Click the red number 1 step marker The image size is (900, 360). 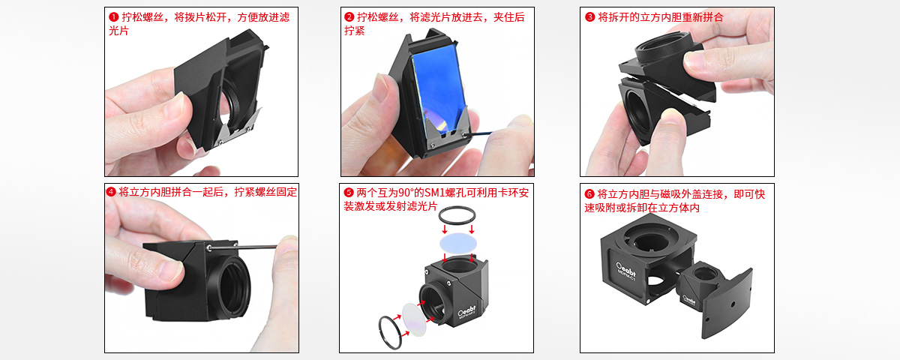(x=114, y=17)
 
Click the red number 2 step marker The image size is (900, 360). (x=349, y=17)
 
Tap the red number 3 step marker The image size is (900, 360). (x=589, y=17)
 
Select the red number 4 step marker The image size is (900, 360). (x=111, y=192)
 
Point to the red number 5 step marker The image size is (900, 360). (x=348, y=193)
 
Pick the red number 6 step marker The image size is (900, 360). (x=589, y=194)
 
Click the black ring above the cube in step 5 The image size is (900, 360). (x=457, y=209)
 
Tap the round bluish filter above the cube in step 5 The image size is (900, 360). (x=458, y=243)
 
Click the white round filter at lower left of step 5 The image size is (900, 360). (x=414, y=319)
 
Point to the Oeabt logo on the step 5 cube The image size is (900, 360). (x=466, y=311)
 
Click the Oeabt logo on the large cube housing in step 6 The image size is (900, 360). (x=626, y=269)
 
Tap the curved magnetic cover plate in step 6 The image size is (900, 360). (x=727, y=304)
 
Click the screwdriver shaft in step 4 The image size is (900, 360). (x=244, y=247)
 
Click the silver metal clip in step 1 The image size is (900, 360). (x=238, y=127)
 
